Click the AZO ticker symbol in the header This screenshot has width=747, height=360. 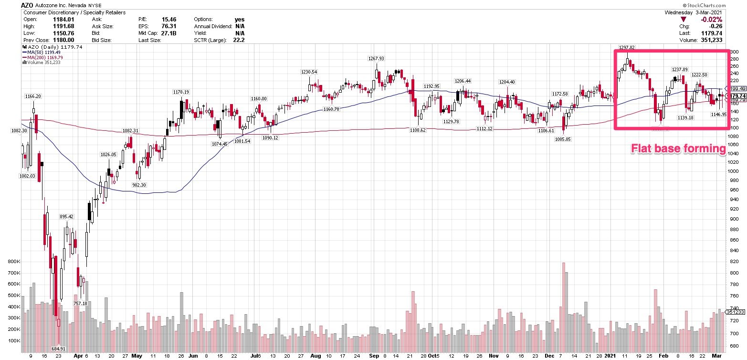tap(27, 4)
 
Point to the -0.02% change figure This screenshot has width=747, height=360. tap(714, 19)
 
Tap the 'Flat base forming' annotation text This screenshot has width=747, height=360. tap(678, 149)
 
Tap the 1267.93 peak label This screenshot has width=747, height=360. tap(376, 58)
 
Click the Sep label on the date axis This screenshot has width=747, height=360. tap(373, 356)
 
